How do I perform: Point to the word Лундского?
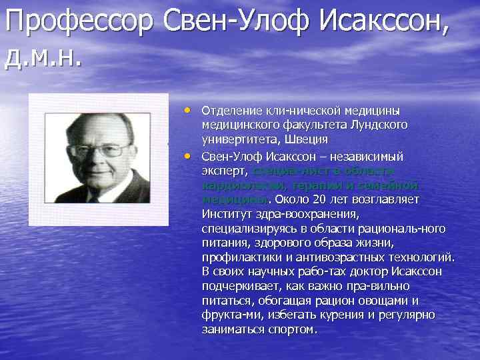pos(379,125)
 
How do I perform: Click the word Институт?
pos(223,214)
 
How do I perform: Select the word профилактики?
pos(236,257)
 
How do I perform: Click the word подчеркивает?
pos(237,286)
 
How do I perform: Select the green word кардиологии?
pos(235,185)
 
